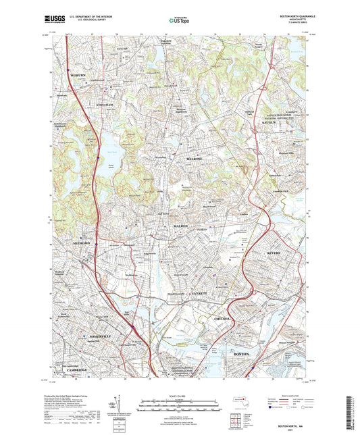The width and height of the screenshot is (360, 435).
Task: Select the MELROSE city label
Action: pos(195,157)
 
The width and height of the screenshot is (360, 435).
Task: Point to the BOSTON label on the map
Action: pos(241,354)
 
